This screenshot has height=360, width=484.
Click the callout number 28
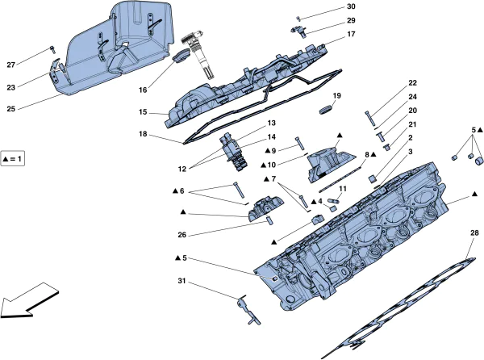(x=474, y=233)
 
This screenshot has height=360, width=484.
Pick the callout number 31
(x=182, y=281)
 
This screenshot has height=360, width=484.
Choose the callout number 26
(x=182, y=236)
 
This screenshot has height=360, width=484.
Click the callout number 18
(x=143, y=135)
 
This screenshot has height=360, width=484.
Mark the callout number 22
(x=412, y=83)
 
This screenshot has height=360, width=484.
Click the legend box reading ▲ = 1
(x=14, y=160)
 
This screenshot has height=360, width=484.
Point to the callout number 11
(x=342, y=189)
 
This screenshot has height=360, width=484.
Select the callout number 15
(x=143, y=112)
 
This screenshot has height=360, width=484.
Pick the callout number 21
(x=412, y=124)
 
